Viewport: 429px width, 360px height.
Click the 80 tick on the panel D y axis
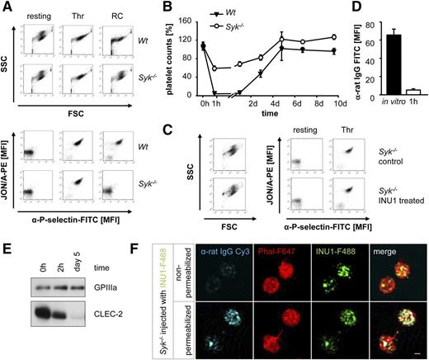point(345,26)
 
